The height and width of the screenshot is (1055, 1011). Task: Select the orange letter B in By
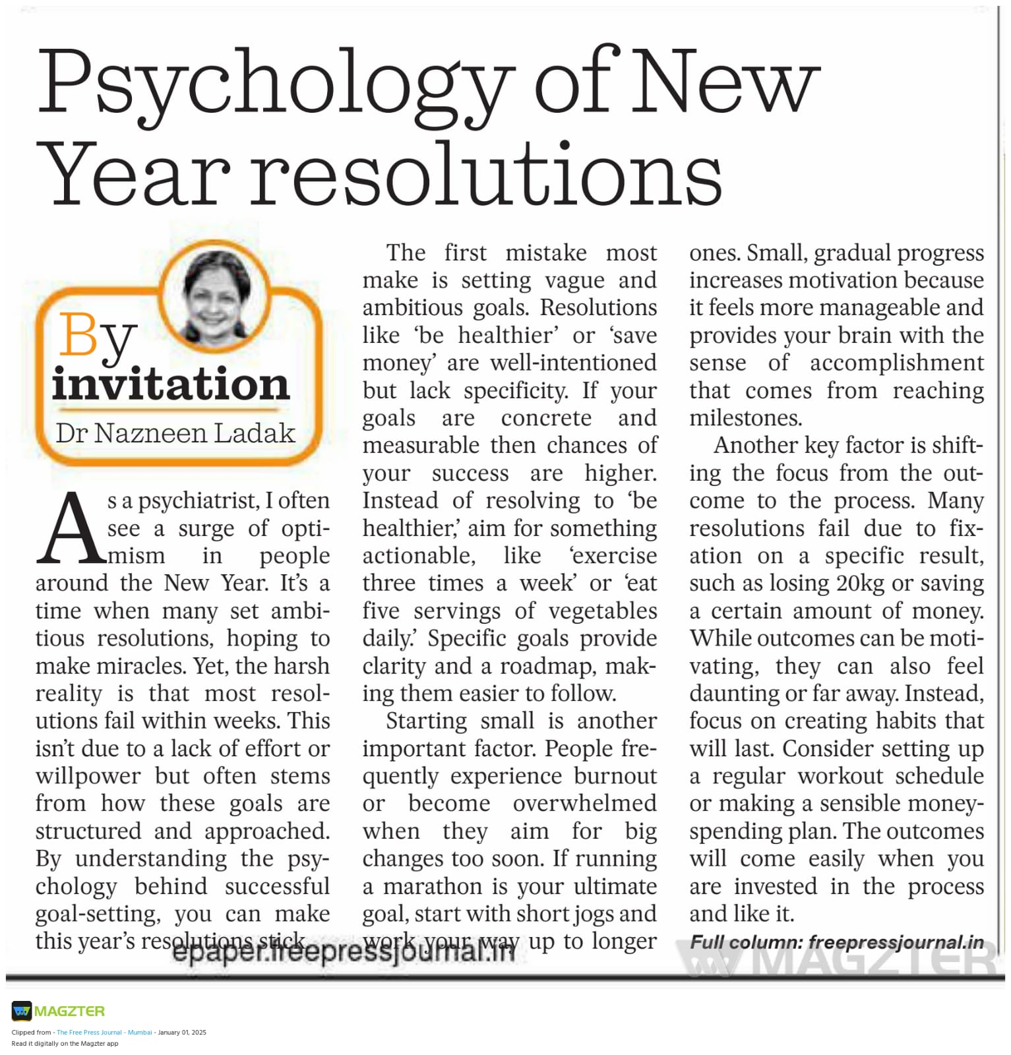tap(78, 335)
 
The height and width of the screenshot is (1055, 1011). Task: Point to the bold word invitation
tap(171, 384)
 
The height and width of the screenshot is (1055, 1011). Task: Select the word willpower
tap(88, 776)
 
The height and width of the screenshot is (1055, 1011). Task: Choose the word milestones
tap(745, 418)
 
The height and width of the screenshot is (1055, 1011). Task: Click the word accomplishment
tap(896, 363)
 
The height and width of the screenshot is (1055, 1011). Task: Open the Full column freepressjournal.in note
tap(836, 942)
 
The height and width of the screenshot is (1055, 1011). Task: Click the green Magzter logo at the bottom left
tap(59, 1011)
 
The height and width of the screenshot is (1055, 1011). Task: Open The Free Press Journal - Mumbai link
tap(104, 1033)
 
